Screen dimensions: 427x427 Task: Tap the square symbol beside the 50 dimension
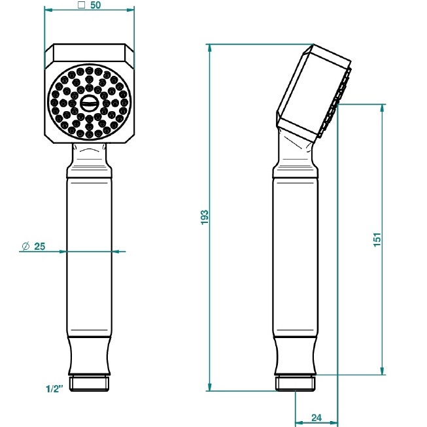tap(80, 5)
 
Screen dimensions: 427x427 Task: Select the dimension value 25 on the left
tap(39, 246)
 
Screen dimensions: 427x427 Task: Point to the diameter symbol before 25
tap(25, 246)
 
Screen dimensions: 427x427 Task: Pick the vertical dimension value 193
tap(203, 218)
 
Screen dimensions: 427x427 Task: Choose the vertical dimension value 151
tap(377, 239)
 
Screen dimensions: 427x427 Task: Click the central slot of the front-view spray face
tap(89, 102)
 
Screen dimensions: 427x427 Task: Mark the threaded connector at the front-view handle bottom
tap(88, 383)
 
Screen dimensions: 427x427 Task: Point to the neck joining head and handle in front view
tap(88, 155)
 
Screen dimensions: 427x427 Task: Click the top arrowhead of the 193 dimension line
tap(209, 48)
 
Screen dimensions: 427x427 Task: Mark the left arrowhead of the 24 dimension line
tap(298, 422)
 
